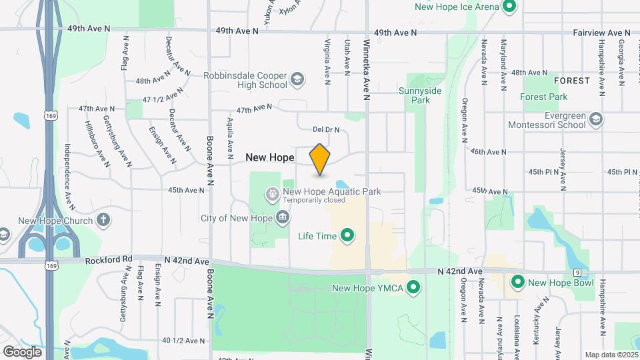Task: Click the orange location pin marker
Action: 320,159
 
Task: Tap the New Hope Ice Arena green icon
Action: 510,7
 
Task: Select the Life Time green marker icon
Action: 347,235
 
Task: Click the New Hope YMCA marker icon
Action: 413,288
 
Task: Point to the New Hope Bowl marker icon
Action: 517,283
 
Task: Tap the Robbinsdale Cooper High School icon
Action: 297,81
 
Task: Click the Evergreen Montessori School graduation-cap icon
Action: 596,119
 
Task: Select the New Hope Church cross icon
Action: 103,219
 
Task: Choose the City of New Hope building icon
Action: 283,218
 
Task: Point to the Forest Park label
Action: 544,97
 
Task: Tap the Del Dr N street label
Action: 327,129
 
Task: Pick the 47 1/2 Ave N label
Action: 163,95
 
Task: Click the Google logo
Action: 22,352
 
